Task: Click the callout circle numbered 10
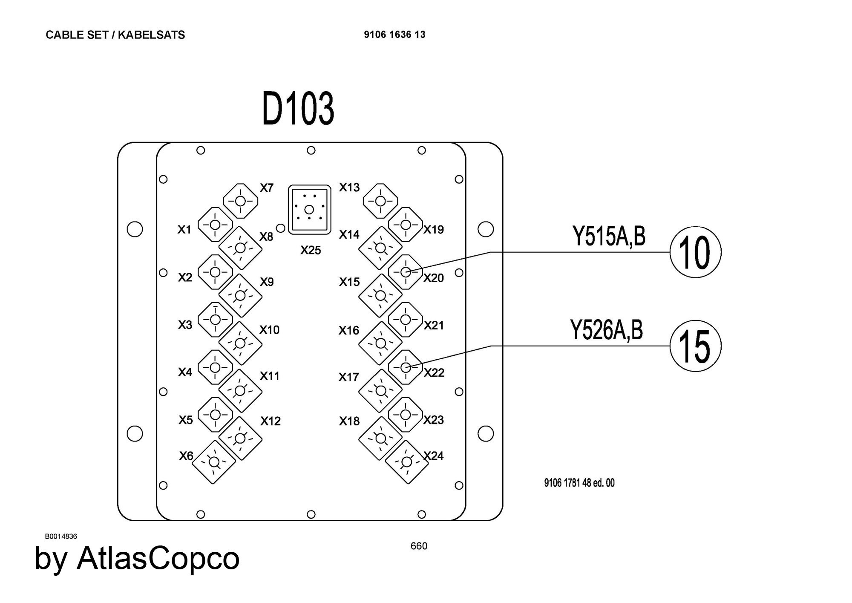pyautogui.click(x=695, y=252)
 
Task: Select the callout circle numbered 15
pyautogui.click(x=695, y=346)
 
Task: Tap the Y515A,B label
pyautogui.click(x=609, y=237)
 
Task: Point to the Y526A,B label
pyautogui.click(x=606, y=330)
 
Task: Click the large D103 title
pyautogui.click(x=298, y=109)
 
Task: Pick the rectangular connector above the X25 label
pyautogui.click(x=310, y=209)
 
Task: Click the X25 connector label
pyautogui.click(x=311, y=250)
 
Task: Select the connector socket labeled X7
pyautogui.click(x=241, y=201)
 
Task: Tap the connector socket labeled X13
pyautogui.click(x=380, y=201)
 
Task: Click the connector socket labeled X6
pyautogui.click(x=214, y=462)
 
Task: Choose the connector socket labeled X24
pyautogui.click(x=407, y=462)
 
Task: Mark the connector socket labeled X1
pyautogui.click(x=215, y=225)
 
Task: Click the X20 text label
pyautogui.click(x=434, y=278)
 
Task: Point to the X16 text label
pyautogui.click(x=349, y=330)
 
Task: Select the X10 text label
pyautogui.click(x=269, y=330)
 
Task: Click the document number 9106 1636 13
pyautogui.click(x=394, y=35)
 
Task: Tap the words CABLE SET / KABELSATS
pyautogui.click(x=115, y=35)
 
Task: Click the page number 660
pyautogui.click(x=419, y=546)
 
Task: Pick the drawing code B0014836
pyautogui.click(x=61, y=536)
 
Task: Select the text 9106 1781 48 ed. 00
pyautogui.click(x=579, y=483)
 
